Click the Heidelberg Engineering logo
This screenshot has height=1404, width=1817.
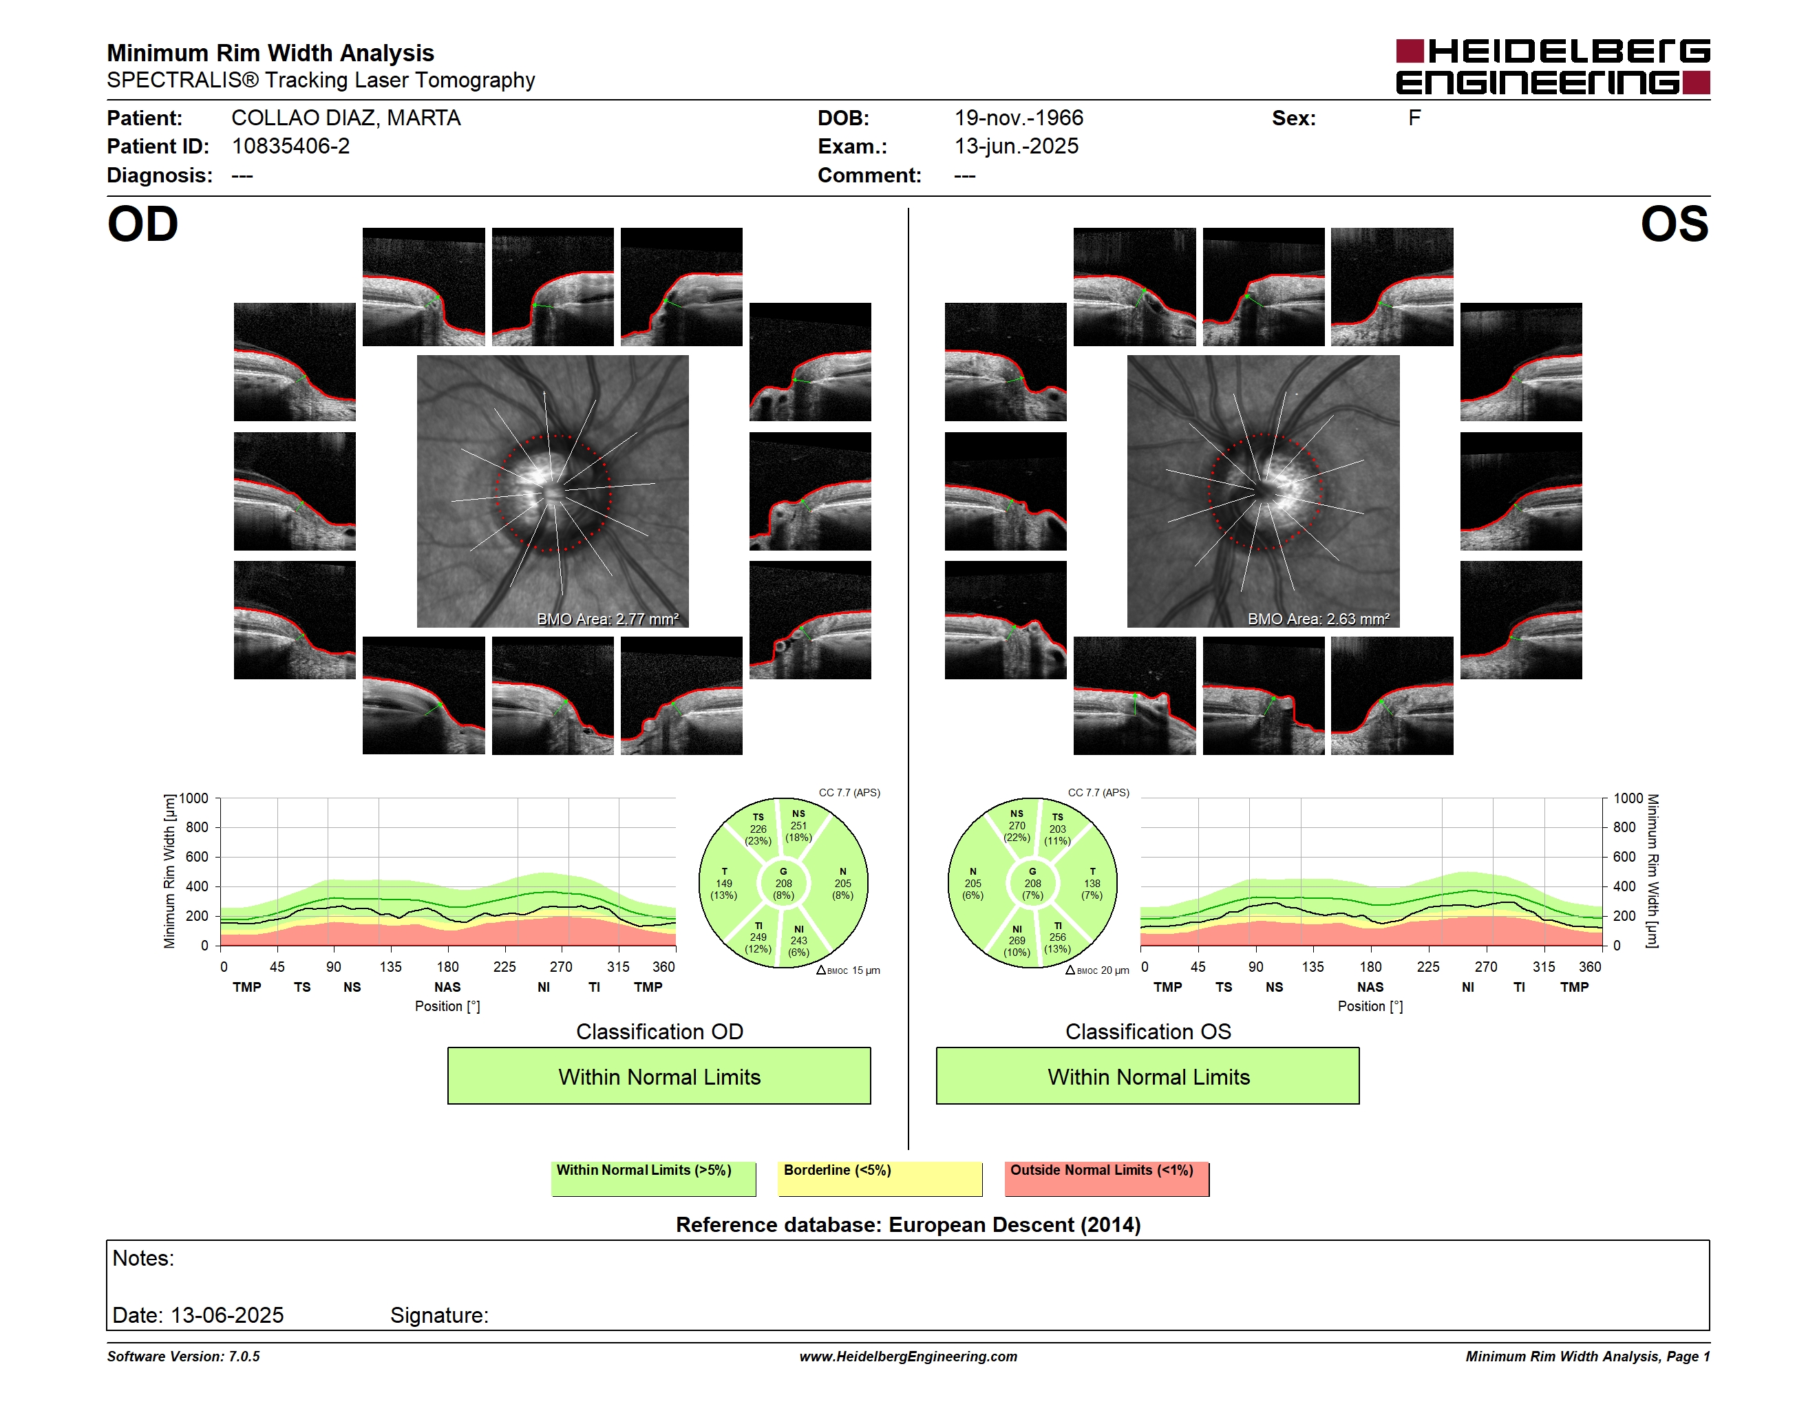click(1553, 67)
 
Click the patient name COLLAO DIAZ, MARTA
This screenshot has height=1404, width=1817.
click(346, 118)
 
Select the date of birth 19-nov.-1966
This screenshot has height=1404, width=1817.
click(1019, 118)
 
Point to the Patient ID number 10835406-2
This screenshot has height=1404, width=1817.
click(290, 147)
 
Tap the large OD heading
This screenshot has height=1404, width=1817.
click(142, 224)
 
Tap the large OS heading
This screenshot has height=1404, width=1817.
click(1674, 224)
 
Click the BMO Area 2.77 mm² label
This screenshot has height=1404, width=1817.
click(607, 619)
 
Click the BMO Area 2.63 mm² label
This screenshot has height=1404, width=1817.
click(1318, 619)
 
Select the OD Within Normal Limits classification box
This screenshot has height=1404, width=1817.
click(659, 1076)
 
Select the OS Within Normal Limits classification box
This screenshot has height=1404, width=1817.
click(1148, 1076)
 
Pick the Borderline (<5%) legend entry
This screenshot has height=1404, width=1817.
click(880, 1178)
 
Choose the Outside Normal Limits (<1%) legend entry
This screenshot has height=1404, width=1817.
click(1107, 1178)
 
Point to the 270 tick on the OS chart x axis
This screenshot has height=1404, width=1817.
click(1486, 966)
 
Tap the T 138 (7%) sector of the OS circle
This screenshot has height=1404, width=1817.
click(1092, 883)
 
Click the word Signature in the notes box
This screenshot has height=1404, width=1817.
click(439, 1315)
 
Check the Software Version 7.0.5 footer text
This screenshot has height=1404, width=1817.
click(183, 1357)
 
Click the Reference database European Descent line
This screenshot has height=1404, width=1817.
click(908, 1224)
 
